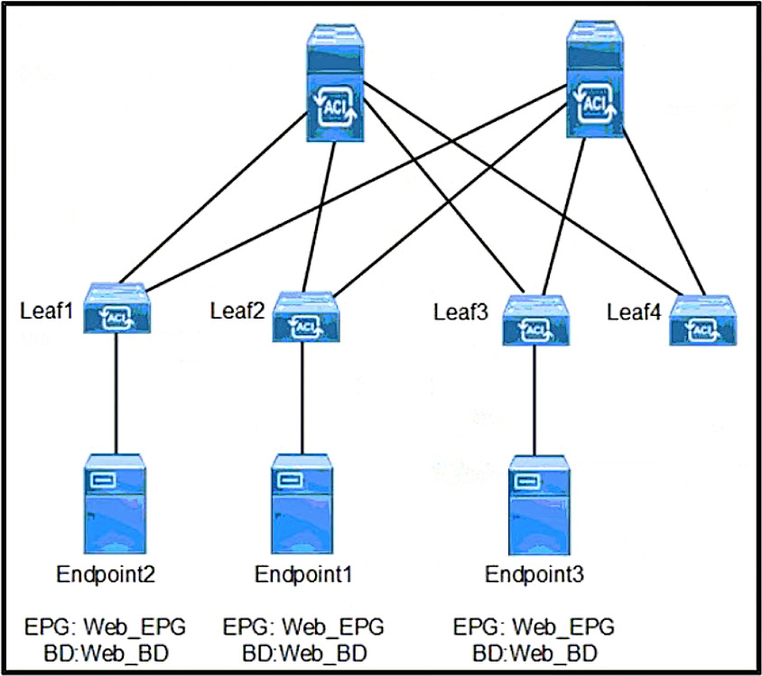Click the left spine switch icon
pyautogui.click(x=335, y=82)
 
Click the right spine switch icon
pyautogui.click(x=595, y=79)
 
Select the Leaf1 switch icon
pyautogui.click(x=116, y=309)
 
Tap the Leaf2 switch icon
pyautogui.click(x=305, y=317)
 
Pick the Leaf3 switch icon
pyautogui.click(x=535, y=320)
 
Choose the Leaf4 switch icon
pyautogui.click(x=702, y=320)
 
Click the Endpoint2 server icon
pyautogui.click(x=116, y=505)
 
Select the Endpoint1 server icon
pyautogui.click(x=302, y=505)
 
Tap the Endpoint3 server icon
pyautogui.click(x=539, y=505)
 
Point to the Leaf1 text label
pyautogui.click(x=46, y=310)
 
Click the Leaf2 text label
pyautogui.click(x=237, y=310)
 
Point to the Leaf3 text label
pyautogui.click(x=460, y=311)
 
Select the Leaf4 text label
pyautogui.click(x=634, y=311)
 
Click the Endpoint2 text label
pyautogui.click(x=106, y=575)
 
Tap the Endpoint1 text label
pyautogui.click(x=303, y=575)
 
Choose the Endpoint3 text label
pyautogui.click(x=534, y=575)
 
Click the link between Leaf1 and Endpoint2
pyautogui.click(x=116, y=394)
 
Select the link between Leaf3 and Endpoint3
pyautogui.click(x=534, y=400)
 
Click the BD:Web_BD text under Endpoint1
pyautogui.click(x=304, y=653)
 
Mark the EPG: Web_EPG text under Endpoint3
pyautogui.click(x=534, y=627)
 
